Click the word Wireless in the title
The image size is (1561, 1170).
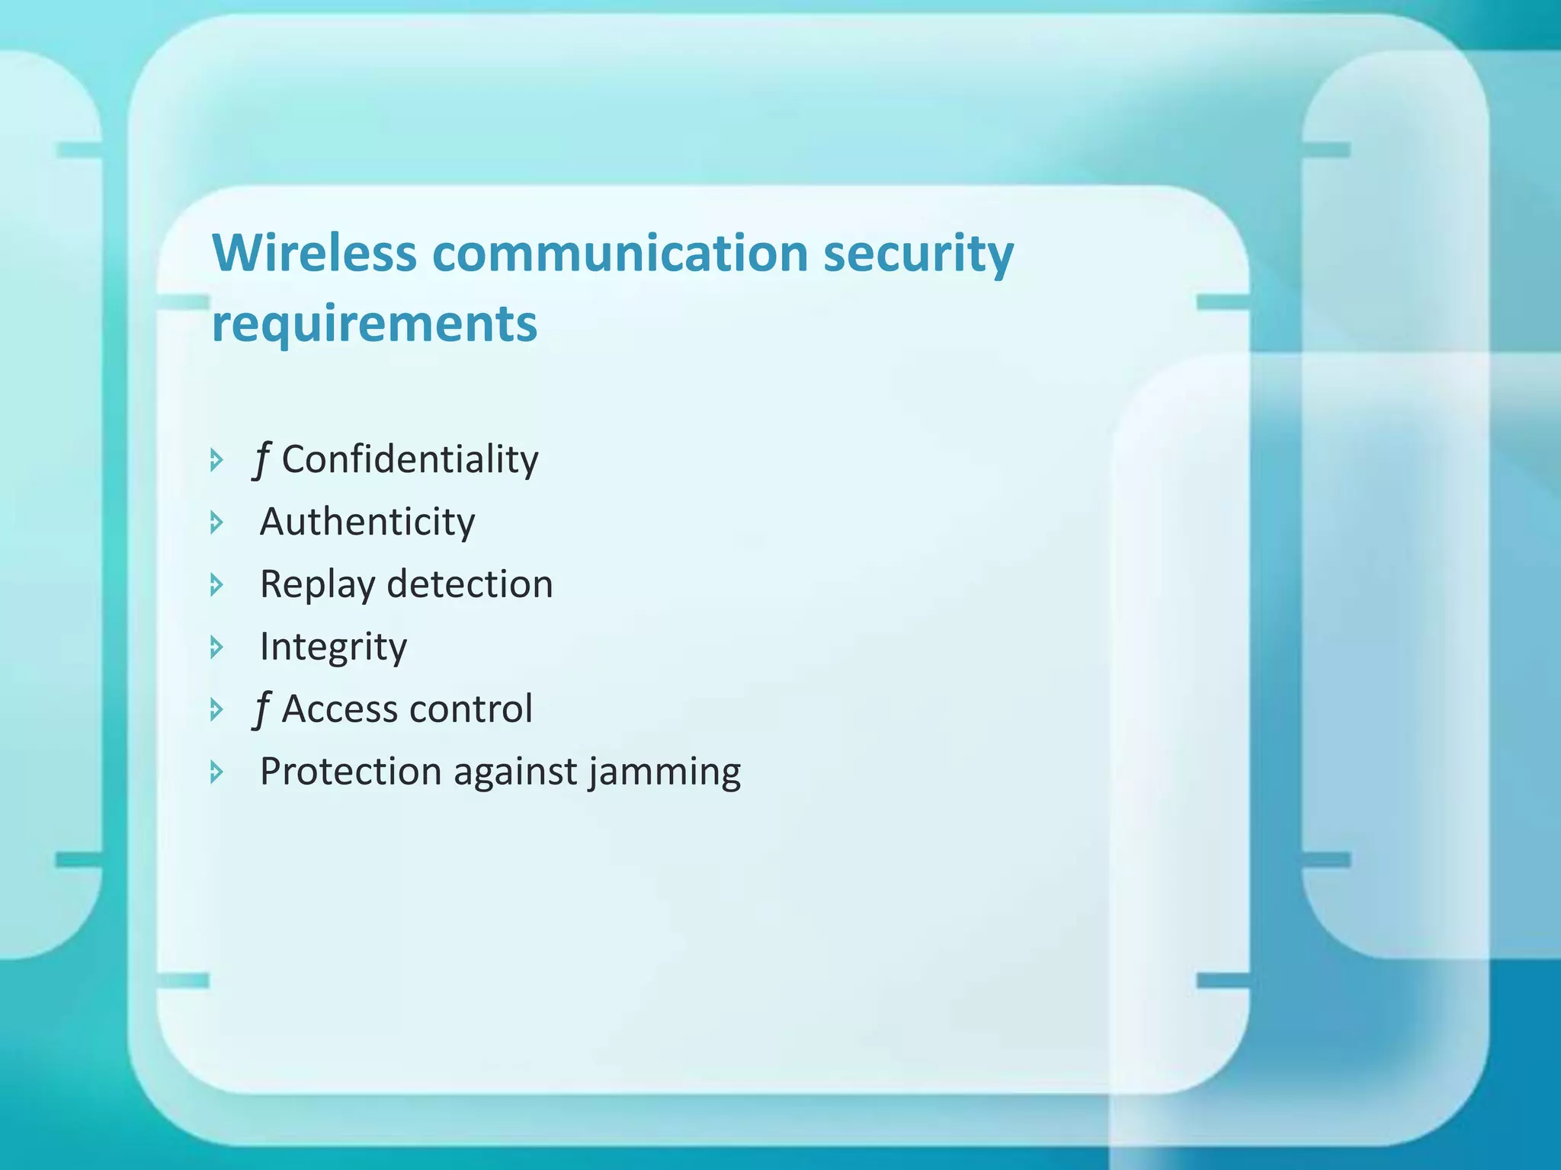click(x=314, y=253)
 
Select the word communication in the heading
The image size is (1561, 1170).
click(x=620, y=253)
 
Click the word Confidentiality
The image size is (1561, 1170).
click(x=410, y=459)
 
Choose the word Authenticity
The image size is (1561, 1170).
click(x=367, y=523)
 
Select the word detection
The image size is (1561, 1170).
click(x=470, y=584)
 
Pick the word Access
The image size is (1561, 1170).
click(x=341, y=709)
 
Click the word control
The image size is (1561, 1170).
click(x=471, y=709)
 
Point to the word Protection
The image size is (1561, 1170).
click(x=350, y=772)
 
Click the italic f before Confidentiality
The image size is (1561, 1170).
click(x=261, y=460)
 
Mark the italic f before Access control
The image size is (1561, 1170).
click(x=261, y=710)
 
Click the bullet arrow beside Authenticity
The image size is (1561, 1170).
click(x=216, y=523)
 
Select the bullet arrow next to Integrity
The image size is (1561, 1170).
click(x=216, y=647)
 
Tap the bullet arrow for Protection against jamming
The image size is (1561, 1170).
click(x=216, y=772)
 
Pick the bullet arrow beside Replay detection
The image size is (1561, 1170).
click(x=216, y=585)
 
